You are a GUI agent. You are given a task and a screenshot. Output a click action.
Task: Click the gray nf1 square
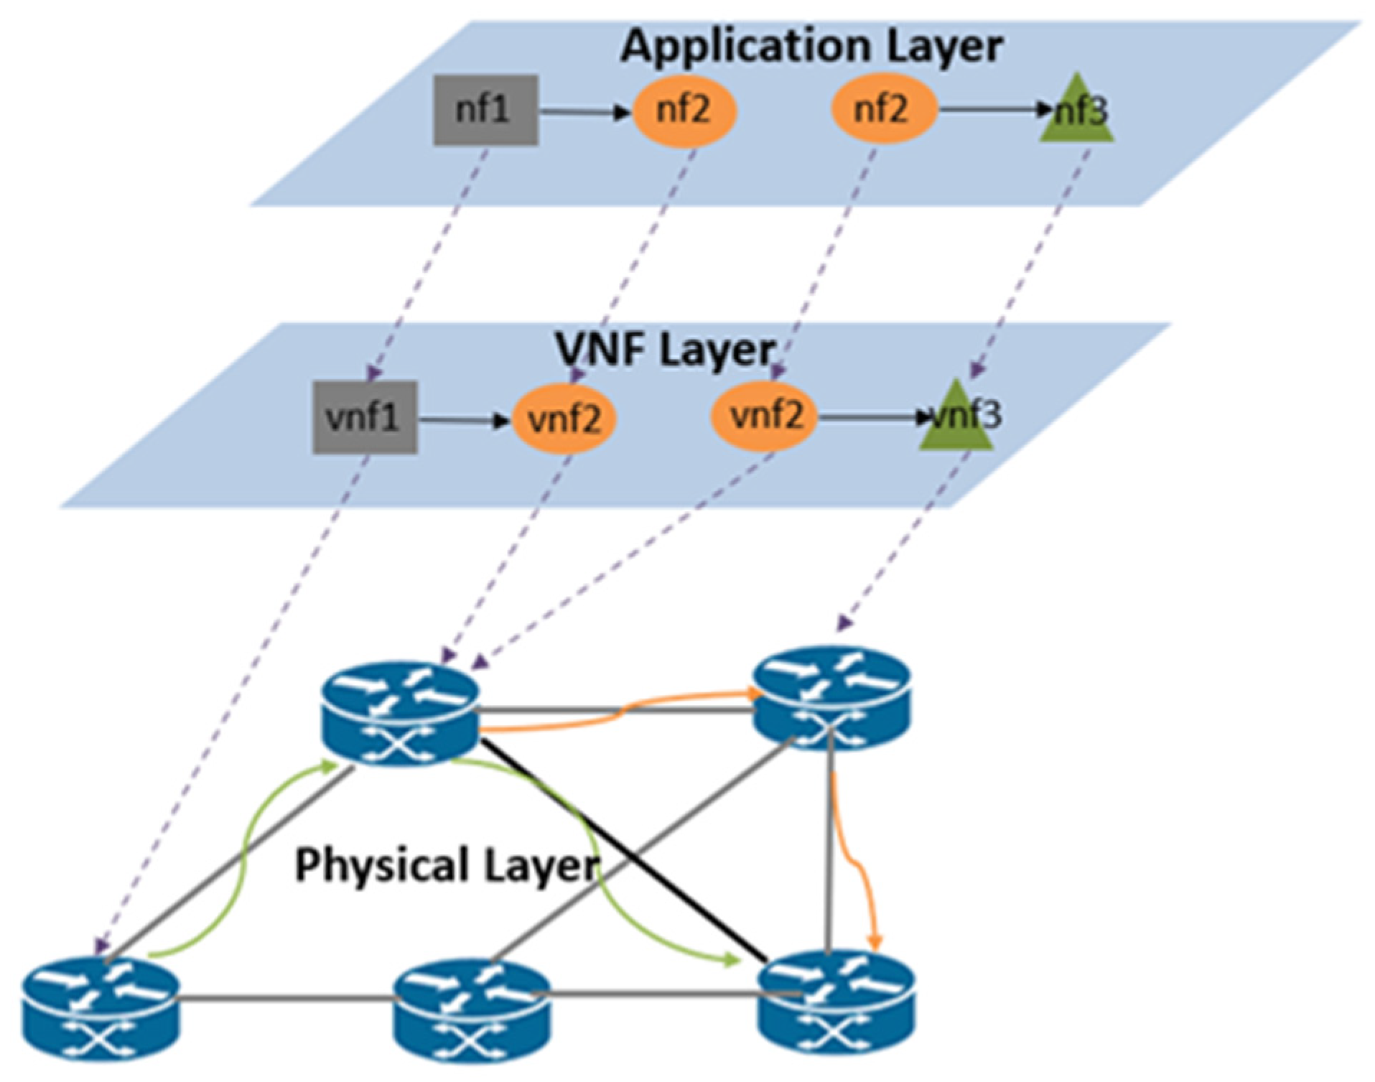(x=486, y=110)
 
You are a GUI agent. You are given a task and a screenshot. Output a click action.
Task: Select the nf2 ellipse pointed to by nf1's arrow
(x=684, y=110)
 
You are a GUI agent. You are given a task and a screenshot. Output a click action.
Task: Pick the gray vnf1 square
(x=365, y=417)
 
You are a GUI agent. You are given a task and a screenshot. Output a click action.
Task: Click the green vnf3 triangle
(x=957, y=419)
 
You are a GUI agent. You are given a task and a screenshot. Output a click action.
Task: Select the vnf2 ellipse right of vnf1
(x=564, y=419)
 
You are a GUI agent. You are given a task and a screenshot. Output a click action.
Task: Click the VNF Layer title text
(x=665, y=350)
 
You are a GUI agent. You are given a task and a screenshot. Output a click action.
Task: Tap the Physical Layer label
(x=445, y=864)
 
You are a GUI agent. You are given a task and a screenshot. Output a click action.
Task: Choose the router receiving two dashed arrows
(x=399, y=714)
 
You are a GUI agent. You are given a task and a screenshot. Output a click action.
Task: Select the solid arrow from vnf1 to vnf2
(x=463, y=420)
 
